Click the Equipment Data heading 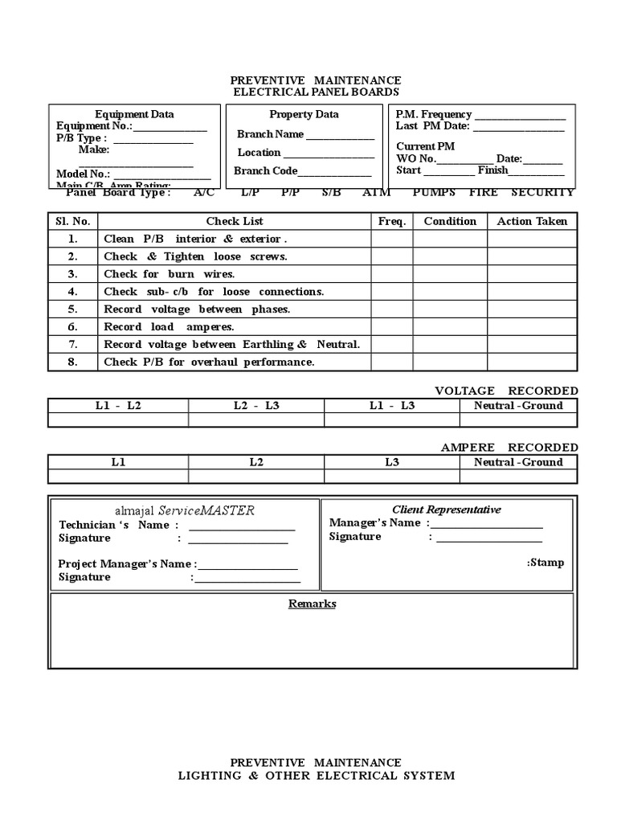click(134, 114)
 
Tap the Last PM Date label click(432, 126)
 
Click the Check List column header click(234, 221)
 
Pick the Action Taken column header click(532, 221)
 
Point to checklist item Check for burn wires click(170, 274)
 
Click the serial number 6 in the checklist click(72, 327)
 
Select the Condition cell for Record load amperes click(450, 327)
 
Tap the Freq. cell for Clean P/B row click(391, 239)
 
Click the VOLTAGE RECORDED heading click(506, 391)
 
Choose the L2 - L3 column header click(256, 405)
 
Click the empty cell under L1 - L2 click(118, 420)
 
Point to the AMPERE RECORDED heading click(509, 447)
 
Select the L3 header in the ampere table click(392, 462)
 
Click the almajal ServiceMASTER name click(185, 510)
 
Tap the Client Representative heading click(446, 510)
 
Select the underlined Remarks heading click(313, 604)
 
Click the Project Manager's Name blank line click(247, 566)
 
